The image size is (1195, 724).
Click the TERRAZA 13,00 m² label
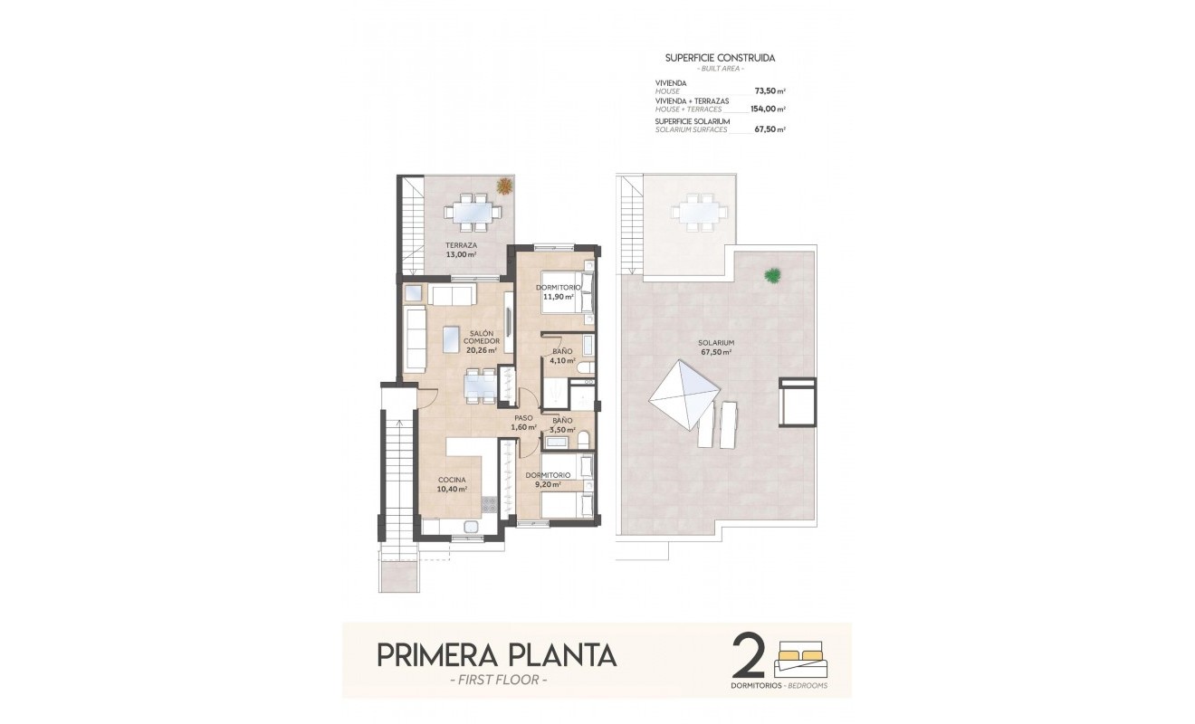click(462, 251)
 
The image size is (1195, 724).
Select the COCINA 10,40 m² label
click(452, 483)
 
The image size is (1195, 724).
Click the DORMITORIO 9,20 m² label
click(548, 479)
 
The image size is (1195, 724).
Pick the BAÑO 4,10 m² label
click(562, 355)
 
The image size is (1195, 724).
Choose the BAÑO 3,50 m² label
click(562, 425)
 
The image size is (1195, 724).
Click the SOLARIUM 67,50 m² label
click(715, 348)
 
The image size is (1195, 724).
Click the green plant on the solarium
click(772, 274)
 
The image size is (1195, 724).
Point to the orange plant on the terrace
click(503, 186)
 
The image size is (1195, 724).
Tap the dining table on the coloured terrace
click(473, 211)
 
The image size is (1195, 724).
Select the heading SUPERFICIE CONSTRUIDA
click(720, 57)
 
